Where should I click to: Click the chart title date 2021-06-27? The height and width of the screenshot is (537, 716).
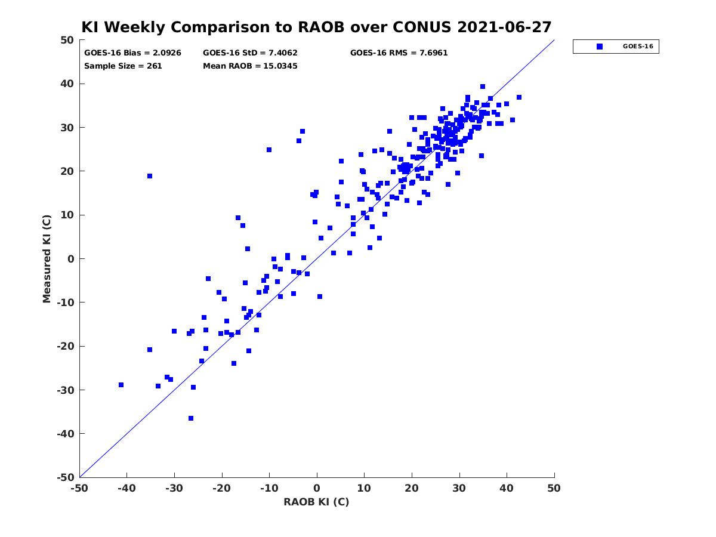(x=504, y=27)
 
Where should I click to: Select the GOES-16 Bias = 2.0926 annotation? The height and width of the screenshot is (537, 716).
(x=132, y=53)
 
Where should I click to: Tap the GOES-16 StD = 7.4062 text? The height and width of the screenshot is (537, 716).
(x=250, y=53)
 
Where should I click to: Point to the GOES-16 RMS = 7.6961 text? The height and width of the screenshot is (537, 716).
(x=399, y=53)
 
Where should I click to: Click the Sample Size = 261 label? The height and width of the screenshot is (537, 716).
(x=123, y=66)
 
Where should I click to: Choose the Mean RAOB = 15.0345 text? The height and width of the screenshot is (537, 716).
(x=250, y=66)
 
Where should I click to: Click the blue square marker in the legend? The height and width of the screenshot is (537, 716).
(x=600, y=47)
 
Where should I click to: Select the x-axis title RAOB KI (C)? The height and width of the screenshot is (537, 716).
(x=316, y=502)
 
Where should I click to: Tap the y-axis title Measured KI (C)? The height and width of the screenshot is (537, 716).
(x=47, y=258)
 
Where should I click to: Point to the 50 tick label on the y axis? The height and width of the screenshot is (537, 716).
(x=67, y=40)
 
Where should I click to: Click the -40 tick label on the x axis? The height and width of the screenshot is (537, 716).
(x=126, y=488)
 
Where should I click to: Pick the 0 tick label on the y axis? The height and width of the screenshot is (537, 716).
(x=71, y=259)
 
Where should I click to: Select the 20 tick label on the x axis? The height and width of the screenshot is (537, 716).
(x=412, y=488)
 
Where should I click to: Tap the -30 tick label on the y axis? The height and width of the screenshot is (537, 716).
(x=66, y=390)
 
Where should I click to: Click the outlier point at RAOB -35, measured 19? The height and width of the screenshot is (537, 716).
(x=150, y=176)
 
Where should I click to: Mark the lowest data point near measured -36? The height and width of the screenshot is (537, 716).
(x=191, y=418)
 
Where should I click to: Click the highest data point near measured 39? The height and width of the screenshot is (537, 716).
(x=483, y=87)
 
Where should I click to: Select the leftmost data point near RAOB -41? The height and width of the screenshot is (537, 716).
(x=121, y=385)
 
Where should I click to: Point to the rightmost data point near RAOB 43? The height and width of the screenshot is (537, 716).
(x=519, y=97)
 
